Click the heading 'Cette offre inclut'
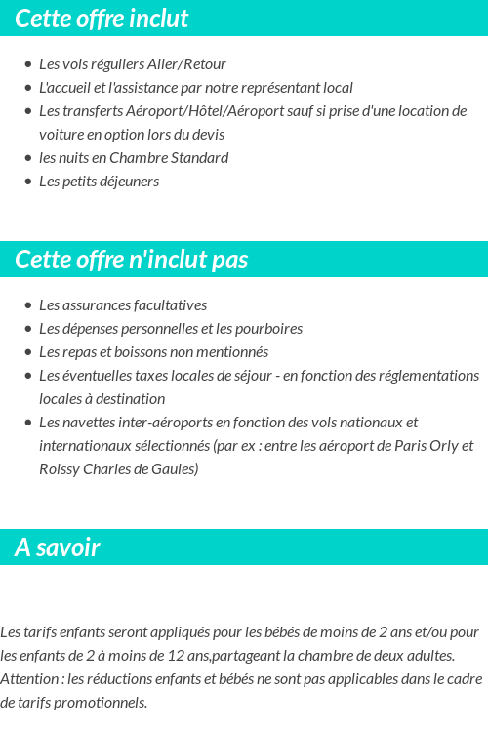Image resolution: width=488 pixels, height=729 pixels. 102,19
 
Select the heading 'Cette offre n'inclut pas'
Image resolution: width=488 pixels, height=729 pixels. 132,260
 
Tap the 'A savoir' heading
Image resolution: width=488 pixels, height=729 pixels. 58,547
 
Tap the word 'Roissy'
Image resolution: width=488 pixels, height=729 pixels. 60,469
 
